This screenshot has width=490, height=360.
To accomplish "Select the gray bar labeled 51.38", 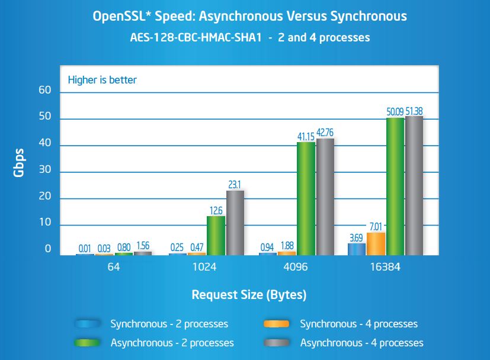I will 414,185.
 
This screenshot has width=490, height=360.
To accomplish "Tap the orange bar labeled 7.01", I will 376,243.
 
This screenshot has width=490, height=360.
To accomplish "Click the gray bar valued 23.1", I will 235,223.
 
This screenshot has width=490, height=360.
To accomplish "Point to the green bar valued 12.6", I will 216,235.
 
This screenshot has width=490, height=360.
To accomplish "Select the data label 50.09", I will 395,111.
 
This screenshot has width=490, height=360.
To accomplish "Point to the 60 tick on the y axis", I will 45,91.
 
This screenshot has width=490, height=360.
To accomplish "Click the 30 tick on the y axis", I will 45,171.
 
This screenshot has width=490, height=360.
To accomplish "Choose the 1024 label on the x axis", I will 205,267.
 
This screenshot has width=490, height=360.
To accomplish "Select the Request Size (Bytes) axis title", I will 249,294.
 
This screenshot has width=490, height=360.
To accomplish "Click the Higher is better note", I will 102,79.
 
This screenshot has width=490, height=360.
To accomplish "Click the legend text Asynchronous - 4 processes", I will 361,343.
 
